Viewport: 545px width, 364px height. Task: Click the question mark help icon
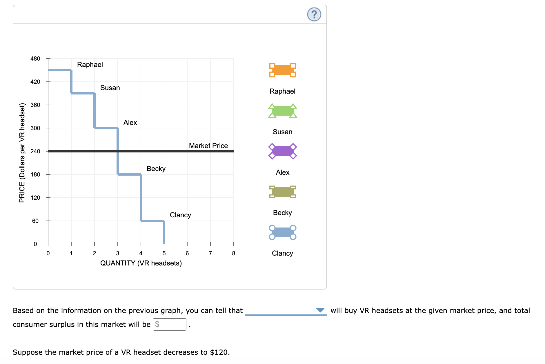click(x=314, y=14)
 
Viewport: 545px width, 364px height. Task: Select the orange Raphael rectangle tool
click(x=282, y=70)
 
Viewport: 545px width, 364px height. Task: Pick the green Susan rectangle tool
click(x=282, y=111)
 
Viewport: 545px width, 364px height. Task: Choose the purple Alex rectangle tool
click(x=282, y=151)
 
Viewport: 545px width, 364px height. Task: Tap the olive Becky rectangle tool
click(x=282, y=192)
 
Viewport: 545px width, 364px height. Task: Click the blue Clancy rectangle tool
click(x=282, y=232)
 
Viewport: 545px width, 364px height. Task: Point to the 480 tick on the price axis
click(x=35, y=59)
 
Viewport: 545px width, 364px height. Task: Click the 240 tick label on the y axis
click(x=35, y=151)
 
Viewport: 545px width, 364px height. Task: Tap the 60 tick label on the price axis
click(x=35, y=221)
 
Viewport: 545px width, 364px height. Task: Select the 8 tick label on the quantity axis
click(x=233, y=253)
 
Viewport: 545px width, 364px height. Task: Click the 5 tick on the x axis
click(x=164, y=253)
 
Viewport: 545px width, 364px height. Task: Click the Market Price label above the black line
click(x=208, y=146)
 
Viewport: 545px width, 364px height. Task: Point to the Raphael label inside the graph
click(x=90, y=65)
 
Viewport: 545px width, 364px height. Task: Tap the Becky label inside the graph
click(x=156, y=169)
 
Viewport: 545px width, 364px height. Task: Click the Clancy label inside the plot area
click(x=180, y=215)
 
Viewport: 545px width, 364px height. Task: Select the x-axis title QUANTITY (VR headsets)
click(x=141, y=263)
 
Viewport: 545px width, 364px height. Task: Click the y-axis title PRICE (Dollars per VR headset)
click(x=22, y=153)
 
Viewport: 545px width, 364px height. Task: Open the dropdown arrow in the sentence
click(x=320, y=310)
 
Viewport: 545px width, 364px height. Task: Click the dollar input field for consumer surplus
click(x=170, y=324)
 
